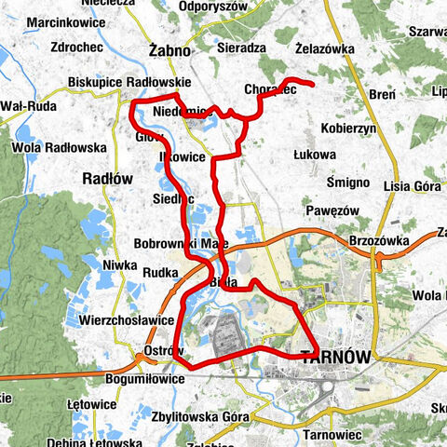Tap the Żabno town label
click(x=169, y=50)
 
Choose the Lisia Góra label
click(x=413, y=185)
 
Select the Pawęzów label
click(x=332, y=210)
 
